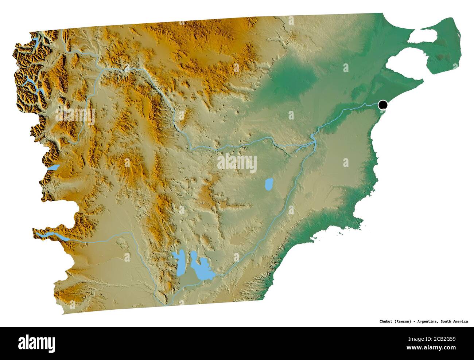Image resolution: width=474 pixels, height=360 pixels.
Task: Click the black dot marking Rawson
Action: (382, 105)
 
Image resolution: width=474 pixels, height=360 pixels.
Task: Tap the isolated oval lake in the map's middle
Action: (269, 184)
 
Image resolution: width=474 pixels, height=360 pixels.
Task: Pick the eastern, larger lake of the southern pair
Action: (200, 270)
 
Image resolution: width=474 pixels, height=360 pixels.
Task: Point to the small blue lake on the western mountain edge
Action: (54, 168)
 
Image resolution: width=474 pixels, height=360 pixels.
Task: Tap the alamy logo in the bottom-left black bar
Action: (36, 343)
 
